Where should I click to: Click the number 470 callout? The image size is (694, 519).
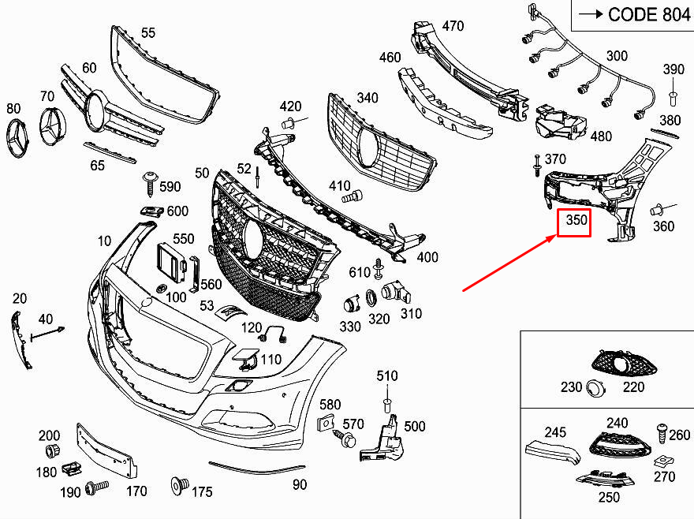tap(453, 26)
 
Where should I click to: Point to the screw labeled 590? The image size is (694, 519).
tap(149, 182)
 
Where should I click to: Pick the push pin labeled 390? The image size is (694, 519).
tap(673, 97)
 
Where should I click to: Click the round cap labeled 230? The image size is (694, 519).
tap(595, 387)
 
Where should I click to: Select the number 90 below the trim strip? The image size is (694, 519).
tap(300, 484)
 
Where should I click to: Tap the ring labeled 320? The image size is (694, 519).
tap(371, 299)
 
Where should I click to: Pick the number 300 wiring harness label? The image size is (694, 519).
tap(618, 56)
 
